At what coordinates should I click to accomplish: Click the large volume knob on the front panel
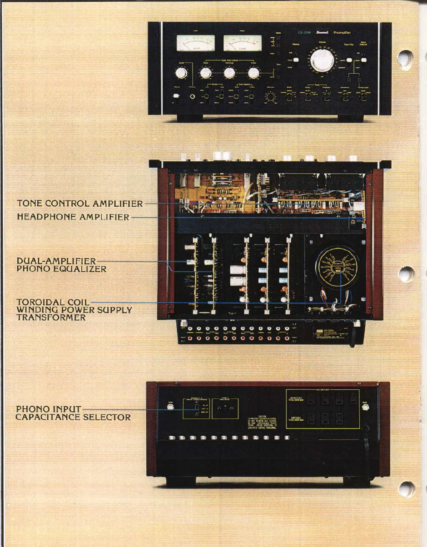(x=322, y=60)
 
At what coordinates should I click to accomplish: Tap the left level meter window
(x=195, y=43)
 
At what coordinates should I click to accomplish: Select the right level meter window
(x=242, y=43)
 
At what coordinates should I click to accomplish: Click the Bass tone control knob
(x=206, y=73)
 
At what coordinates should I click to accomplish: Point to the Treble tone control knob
(x=253, y=73)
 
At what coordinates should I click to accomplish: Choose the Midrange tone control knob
(x=229, y=73)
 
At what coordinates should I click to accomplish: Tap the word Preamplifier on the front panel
(x=342, y=33)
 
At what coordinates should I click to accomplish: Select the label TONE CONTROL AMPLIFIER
(x=80, y=204)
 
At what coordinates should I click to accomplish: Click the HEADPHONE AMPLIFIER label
(x=73, y=217)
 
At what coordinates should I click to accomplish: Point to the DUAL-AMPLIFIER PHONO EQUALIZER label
(x=61, y=265)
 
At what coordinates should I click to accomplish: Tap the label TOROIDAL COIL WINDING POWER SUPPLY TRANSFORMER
(x=74, y=309)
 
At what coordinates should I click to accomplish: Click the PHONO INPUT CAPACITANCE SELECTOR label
(x=73, y=413)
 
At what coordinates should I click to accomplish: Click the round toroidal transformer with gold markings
(x=337, y=268)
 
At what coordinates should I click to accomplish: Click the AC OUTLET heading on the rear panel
(x=323, y=390)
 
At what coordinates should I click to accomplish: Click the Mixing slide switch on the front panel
(x=296, y=59)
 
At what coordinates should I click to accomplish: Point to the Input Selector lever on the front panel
(x=363, y=59)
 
